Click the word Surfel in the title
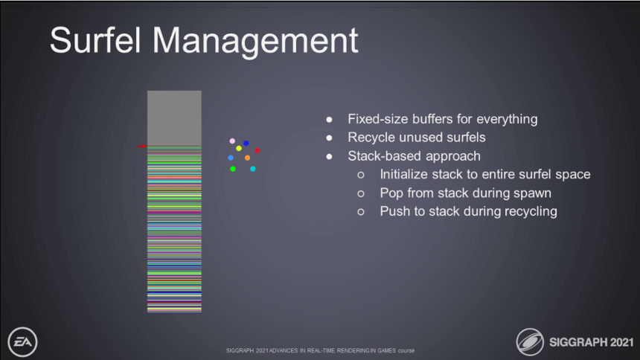95,40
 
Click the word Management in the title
255,40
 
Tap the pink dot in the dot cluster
232,141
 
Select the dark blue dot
246,144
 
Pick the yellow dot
239,148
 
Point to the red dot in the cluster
257,150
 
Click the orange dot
247,158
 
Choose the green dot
233,169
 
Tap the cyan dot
253,169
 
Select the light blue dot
231,158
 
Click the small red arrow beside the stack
141,146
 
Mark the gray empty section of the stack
174,118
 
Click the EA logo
22,342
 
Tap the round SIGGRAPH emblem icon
530,342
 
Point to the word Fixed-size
377,119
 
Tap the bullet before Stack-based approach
330,156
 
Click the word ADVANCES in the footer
284,350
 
